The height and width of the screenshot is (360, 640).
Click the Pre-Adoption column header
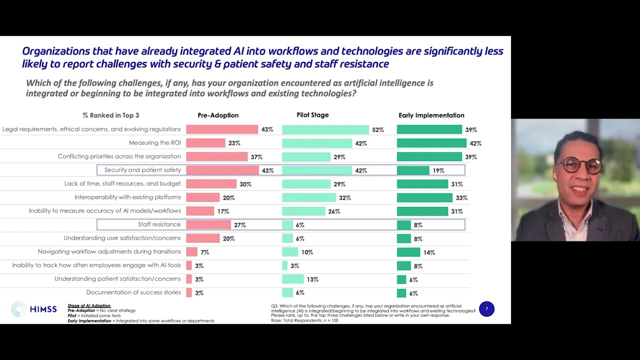point(218,115)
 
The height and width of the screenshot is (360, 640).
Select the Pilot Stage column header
point(312,115)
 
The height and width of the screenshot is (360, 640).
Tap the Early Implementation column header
point(431,115)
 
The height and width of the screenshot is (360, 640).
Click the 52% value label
point(377,130)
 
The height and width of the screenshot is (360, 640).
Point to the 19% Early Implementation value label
point(438,170)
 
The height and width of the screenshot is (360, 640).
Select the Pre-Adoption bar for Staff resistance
point(208,224)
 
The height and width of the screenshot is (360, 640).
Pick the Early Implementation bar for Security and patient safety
point(413,170)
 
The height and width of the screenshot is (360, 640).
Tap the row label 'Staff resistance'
point(159,224)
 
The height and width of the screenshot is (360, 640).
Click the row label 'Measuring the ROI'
point(154,143)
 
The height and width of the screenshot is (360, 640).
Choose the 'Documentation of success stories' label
point(133,292)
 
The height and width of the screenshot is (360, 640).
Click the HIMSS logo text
point(43,309)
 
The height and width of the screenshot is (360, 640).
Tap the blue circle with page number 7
point(486,309)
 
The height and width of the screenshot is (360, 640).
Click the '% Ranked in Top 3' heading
point(110,115)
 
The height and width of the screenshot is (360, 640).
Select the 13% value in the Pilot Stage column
point(312,279)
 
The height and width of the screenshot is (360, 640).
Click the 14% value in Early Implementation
point(429,252)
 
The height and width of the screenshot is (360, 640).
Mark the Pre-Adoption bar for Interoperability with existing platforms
point(203,197)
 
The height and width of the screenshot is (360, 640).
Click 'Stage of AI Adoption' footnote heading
point(89,305)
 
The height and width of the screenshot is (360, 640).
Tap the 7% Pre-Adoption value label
point(204,252)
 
